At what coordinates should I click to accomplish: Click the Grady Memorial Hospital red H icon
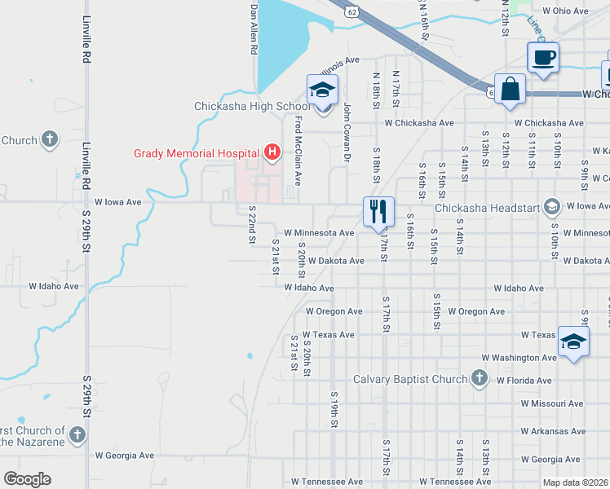coord(272,152)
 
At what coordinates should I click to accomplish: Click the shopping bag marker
coord(510,90)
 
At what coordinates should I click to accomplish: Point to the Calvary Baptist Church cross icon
coord(480,378)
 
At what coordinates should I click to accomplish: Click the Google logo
coord(27,479)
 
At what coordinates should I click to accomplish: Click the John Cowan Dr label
coord(347,130)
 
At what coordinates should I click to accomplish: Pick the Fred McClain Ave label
coord(298,150)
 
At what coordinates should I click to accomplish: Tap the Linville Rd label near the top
coord(86,38)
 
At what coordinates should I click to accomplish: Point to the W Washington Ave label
coord(519,358)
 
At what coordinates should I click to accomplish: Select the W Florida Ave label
coord(519,381)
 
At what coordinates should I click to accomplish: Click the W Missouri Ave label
coord(552,403)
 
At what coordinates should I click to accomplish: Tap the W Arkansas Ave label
coord(553,432)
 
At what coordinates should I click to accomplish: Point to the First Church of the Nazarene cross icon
coord(77,434)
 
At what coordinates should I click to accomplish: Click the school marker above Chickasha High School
coord(322,90)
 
